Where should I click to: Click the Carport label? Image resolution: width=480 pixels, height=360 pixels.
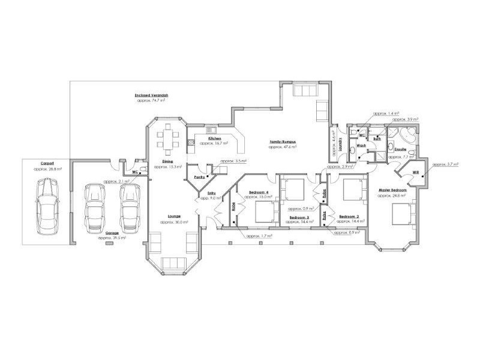[48, 163]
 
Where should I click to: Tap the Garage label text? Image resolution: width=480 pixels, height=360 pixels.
[112, 233]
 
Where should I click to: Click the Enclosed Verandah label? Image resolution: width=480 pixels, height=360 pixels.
[151, 95]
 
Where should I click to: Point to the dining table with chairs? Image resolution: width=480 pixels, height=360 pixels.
[168, 139]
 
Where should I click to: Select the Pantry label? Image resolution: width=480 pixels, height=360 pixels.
[200, 178]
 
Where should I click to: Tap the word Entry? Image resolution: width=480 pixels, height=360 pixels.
[211, 193]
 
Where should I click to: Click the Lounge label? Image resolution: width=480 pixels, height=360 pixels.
[175, 217]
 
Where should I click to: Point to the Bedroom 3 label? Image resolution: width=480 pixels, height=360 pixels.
[299, 217]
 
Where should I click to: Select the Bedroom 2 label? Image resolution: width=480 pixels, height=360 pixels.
[349, 217]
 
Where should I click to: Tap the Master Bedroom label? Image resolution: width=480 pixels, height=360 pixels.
[392, 190]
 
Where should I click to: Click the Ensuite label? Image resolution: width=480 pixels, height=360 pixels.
[401, 149]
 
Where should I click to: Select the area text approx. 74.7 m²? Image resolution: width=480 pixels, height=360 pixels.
[151, 100]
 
